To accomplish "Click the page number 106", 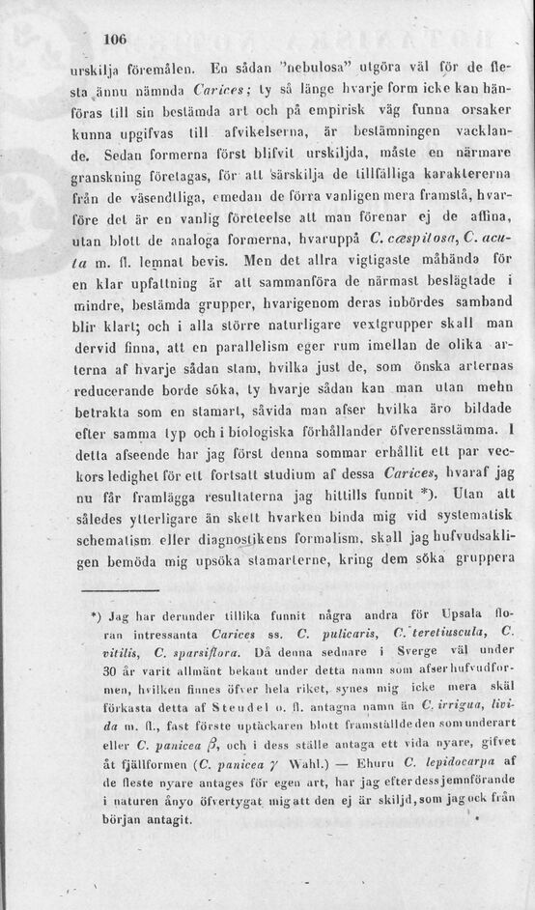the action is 115,40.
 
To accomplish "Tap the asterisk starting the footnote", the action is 95,614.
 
